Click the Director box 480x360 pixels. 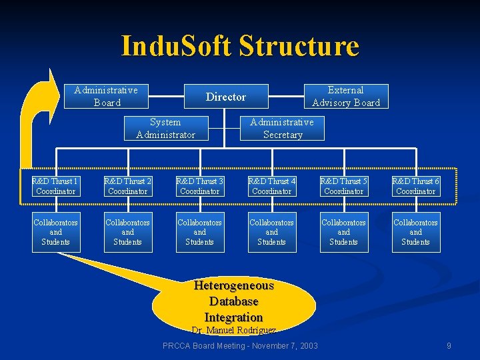tap(226, 97)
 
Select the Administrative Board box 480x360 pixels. tap(106, 97)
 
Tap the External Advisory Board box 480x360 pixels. tap(346, 97)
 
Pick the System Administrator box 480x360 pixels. tap(165, 128)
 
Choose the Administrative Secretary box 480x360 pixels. tap(282, 128)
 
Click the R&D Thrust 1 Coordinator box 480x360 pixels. tap(56, 186)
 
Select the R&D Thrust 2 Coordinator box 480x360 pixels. tap(128, 186)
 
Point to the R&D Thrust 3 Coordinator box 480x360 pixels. tap(200, 186)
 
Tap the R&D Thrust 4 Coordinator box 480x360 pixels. tap(272, 186)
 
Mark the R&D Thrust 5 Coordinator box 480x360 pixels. tap(344, 186)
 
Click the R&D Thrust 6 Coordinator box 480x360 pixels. tap(416, 186)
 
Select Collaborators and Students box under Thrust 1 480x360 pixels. tap(56, 232)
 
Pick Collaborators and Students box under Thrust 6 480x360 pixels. tap(416, 232)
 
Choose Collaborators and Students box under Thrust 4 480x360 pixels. tap(272, 232)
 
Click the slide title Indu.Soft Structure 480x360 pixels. tap(240, 46)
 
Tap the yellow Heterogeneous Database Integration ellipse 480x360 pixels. tap(233, 301)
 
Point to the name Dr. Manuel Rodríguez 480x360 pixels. tap(233, 330)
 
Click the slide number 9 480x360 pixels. tap(449, 346)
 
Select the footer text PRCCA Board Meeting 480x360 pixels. tap(241, 346)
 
